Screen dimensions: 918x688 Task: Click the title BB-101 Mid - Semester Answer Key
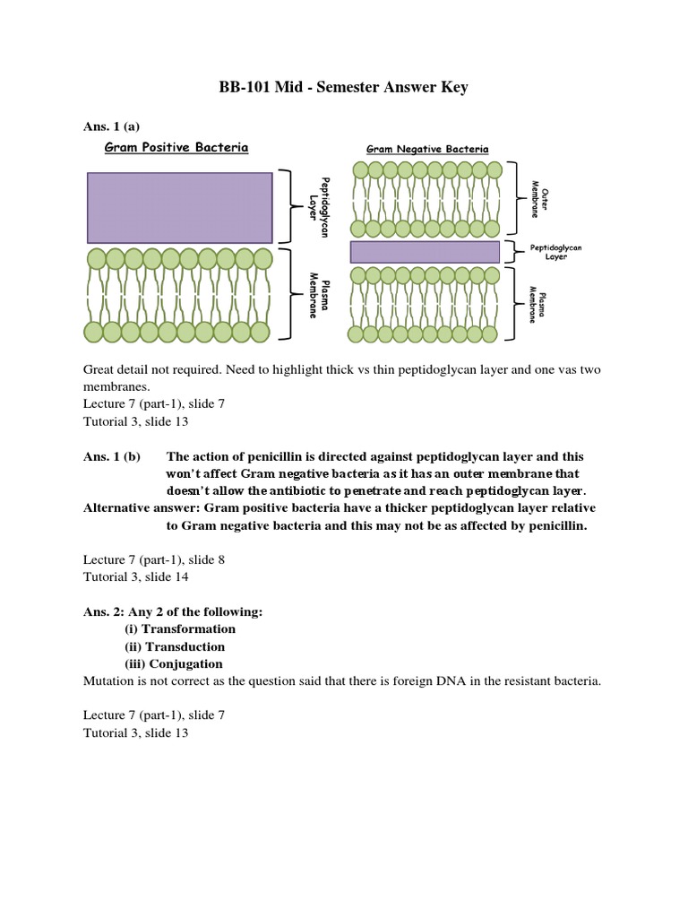344,88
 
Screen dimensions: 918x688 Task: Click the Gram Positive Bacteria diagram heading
177,147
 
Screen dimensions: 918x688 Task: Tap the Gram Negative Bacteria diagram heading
427,150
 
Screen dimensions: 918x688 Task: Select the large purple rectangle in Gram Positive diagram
179,207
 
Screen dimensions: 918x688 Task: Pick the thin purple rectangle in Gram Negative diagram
424,252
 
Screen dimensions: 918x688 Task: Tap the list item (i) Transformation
179,628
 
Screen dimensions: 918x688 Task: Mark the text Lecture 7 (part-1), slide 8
153,559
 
